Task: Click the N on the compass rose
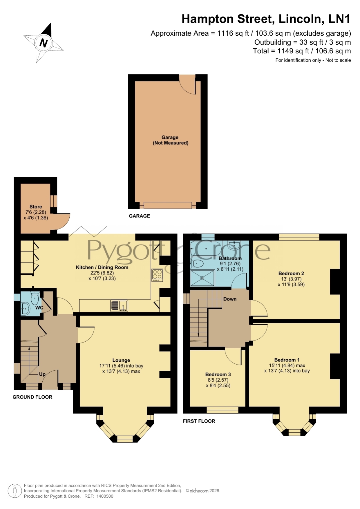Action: [x=44, y=43]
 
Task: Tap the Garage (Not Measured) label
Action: [x=170, y=140]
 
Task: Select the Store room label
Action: [x=36, y=207]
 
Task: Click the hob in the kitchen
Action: [x=157, y=275]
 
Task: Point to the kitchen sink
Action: [x=119, y=306]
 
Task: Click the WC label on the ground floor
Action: [x=39, y=308]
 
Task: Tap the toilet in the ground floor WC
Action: [x=35, y=298]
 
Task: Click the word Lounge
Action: [x=121, y=360]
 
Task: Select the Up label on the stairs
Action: [x=42, y=374]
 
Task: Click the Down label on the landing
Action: [x=230, y=299]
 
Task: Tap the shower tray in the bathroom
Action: [x=202, y=278]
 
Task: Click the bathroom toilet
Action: [x=197, y=264]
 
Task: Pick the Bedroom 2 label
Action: [x=291, y=273]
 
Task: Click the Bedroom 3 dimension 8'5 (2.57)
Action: [x=218, y=380]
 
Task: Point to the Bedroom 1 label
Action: [x=287, y=360]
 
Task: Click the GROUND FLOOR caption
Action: [x=32, y=397]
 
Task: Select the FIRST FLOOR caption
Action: [x=199, y=421]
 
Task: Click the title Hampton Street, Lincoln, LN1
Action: [x=266, y=19]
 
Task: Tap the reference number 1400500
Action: [x=105, y=496]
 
